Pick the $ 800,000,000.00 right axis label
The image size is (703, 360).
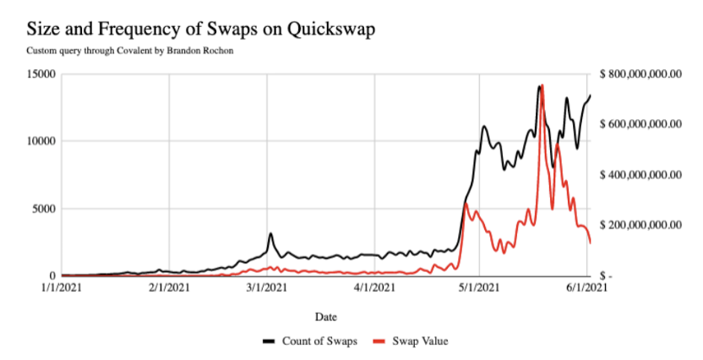click(x=640, y=74)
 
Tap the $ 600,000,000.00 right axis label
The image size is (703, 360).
click(x=640, y=124)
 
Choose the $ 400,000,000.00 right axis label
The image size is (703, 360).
click(x=640, y=175)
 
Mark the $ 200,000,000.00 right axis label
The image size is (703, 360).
click(x=640, y=225)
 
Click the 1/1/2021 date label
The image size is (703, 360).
click(x=62, y=287)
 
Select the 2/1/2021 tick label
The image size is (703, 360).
click(x=169, y=287)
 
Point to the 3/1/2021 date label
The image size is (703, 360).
click(x=267, y=287)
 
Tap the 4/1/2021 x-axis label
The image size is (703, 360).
click(x=375, y=287)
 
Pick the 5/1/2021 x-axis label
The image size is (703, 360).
click(x=479, y=287)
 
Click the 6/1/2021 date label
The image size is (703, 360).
click(x=587, y=287)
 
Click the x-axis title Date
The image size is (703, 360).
click(x=326, y=317)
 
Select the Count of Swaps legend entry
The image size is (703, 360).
click(x=310, y=341)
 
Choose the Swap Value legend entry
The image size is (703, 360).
click(x=411, y=341)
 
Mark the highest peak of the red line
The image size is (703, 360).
click(x=542, y=85)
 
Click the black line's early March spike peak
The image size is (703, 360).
click(x=270, y=233)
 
